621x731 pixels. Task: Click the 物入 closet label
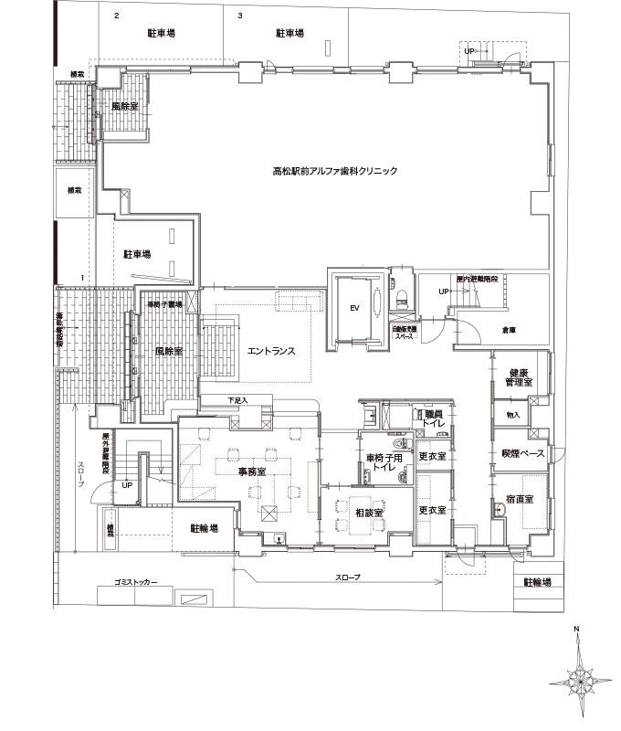(x=512, y=416)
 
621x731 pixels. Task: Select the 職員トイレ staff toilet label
(x=434, y=418)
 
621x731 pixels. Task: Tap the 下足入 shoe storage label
(x=237, y=399)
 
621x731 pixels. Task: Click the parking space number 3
(x=240, y=16)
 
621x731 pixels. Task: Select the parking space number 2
(x=116, y=16)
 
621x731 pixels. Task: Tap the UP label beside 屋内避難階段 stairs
(x=445, y=291)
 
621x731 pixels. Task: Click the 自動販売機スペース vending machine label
(x=405, y=332)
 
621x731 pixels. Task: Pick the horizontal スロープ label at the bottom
(x=348, y=577)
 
